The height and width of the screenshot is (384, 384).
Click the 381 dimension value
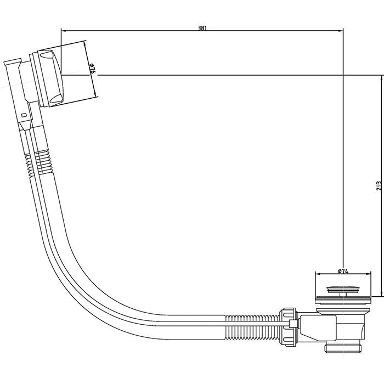(202, 28)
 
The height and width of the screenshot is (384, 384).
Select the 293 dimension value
(379, 186)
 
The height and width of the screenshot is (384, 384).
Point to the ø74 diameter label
(343, 271)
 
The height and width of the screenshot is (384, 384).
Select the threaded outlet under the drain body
(343, 348)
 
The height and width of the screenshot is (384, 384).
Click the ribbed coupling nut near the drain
(289, 326)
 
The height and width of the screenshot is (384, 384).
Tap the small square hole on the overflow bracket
(24, 115)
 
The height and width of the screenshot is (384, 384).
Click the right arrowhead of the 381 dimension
(340, 31)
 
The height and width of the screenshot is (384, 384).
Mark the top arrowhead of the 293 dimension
(381, 78)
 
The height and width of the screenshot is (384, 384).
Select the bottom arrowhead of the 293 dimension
(381, 293)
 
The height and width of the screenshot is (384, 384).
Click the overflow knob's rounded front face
(53, 78)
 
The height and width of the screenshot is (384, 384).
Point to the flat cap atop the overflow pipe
(12, 61)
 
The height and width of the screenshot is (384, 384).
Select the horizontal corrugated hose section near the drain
(252, 326)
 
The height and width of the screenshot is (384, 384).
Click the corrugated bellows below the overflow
(39, 162)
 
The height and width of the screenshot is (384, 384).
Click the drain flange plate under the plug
(343, 300)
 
